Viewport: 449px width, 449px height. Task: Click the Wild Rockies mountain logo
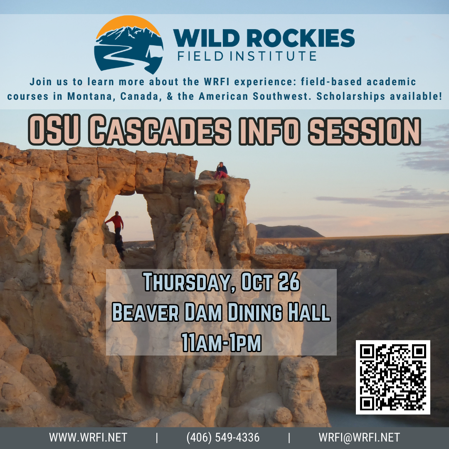point(128,44)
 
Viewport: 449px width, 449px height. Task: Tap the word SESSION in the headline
point(364,131)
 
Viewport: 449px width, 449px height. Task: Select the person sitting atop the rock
point(221,171)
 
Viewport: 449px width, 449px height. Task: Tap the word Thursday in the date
point(186,282)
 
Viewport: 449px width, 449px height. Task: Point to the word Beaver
point(146,312)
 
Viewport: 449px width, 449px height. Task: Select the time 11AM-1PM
point(221,342)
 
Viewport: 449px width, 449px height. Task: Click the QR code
point(393,377)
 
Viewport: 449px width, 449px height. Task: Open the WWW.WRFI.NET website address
point(88,437)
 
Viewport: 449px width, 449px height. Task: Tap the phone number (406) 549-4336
point(223,437)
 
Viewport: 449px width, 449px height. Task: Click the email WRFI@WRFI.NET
point(359,437)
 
